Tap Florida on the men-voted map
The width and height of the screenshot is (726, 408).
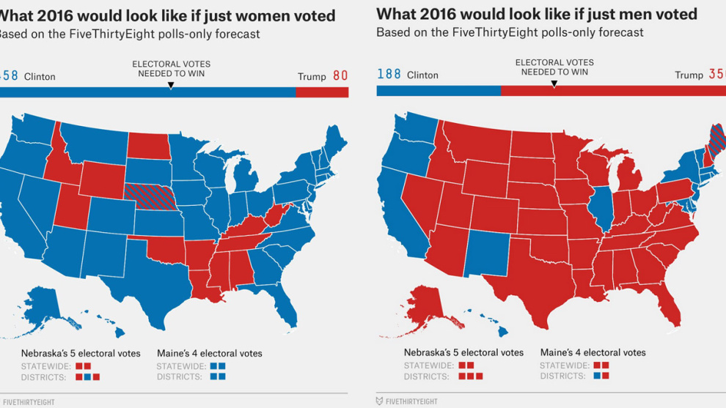[671, 308]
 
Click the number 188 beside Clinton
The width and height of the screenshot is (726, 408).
[389, 75]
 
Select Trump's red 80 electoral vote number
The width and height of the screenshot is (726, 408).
[340, 75]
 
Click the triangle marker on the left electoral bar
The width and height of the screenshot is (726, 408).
[170, 86]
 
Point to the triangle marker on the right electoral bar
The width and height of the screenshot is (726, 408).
[554, 84]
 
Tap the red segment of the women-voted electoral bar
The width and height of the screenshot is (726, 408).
[322, 92]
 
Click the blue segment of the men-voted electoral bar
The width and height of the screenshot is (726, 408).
[438, 91]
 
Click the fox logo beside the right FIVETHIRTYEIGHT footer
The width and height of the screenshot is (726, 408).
[379, 401]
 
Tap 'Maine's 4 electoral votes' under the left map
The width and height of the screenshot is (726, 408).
[209, 353]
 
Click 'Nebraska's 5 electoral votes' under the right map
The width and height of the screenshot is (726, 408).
[463, 352]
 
